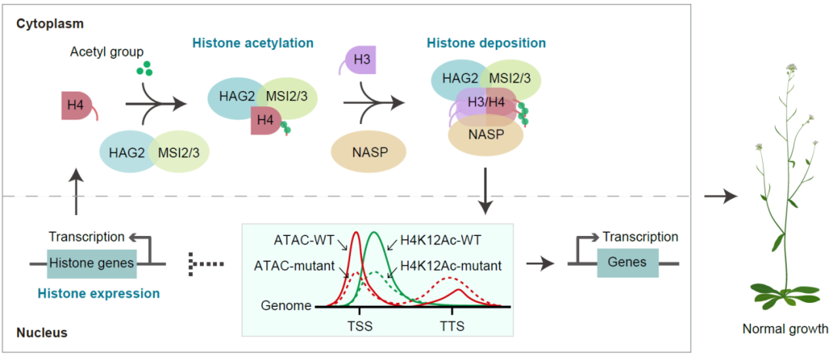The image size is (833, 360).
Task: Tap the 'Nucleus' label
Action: click(x=42, y=333)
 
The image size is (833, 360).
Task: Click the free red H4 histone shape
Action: click(x=75, y=106)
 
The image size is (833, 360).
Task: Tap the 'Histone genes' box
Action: click(x=92, y=264)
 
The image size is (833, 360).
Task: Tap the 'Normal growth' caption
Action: click(x=785, y=329)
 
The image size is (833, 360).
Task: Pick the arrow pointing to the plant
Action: click(x=720, y=197)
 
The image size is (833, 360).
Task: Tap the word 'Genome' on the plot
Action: click(x=285, y=305)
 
